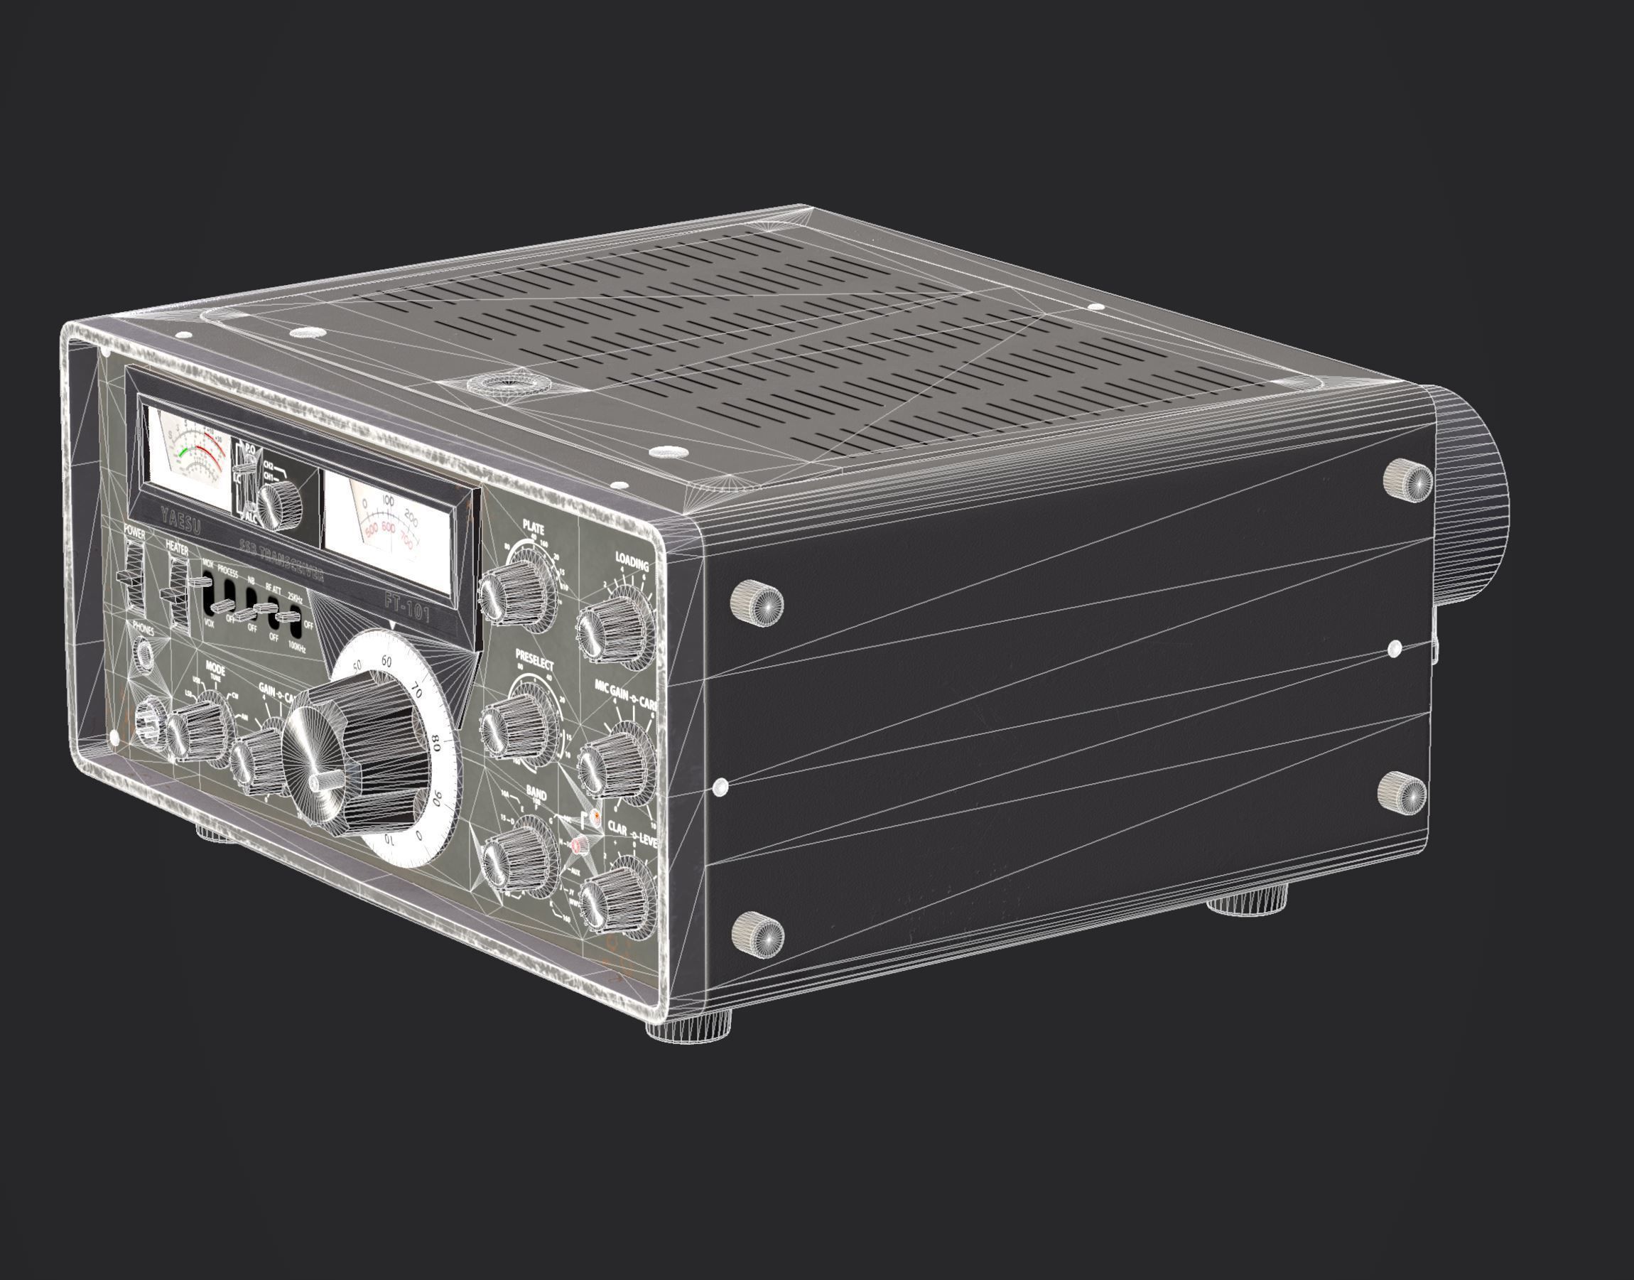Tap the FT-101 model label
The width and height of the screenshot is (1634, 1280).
[408, 608]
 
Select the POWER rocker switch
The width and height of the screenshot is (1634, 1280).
[134, 577]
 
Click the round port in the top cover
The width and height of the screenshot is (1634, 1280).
[509, 385]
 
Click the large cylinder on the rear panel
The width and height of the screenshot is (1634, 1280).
[1468, 495]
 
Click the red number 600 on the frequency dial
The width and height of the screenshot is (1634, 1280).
[387, 528]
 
